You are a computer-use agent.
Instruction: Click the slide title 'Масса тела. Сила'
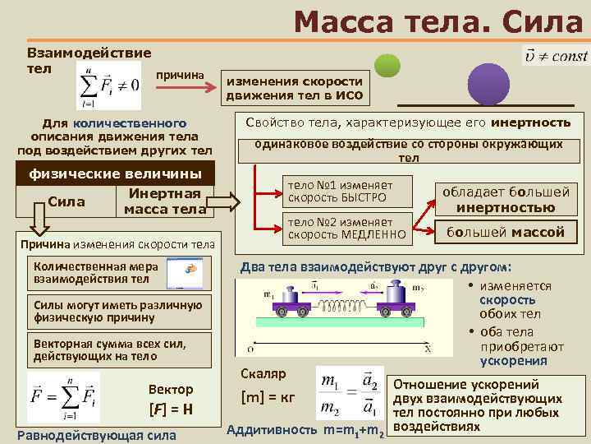(437, 22)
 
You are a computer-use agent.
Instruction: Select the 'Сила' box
(68, 201)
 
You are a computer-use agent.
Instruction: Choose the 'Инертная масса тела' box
(164, 201)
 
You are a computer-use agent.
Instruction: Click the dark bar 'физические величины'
(115, 173)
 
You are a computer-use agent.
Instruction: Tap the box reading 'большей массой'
(505, 233)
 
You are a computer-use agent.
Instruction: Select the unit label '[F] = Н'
(170, 409)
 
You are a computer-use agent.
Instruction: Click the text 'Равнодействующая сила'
(96, 434)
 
